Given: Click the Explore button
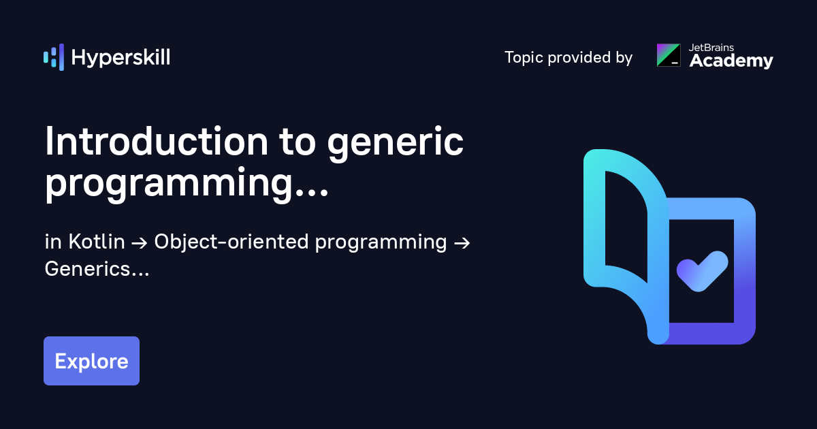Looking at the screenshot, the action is tap(91, 361).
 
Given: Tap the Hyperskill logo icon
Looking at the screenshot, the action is tap(54, 57).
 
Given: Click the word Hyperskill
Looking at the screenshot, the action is tap(121, 58).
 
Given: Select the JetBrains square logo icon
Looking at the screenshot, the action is tap(669, 55).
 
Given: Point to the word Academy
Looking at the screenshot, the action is tap(731, 61).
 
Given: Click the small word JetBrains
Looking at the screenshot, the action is tap(711, 48).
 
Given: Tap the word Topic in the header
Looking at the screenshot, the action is tap(524, 58).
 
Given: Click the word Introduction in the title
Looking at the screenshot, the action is tap(157, 142).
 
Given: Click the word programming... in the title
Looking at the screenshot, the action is tap(187, 183).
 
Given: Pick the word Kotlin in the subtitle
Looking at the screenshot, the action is tap(97, 242).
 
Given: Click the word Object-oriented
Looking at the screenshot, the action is tap(231, 242).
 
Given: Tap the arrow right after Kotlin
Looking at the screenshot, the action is tap(140, 243).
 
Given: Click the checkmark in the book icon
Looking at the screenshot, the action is tap(703, 272).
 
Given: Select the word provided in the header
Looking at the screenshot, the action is tap(579, 58).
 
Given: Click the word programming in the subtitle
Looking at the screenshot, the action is tap(381, 243).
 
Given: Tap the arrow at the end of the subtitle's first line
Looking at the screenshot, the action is tap(462, 243).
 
